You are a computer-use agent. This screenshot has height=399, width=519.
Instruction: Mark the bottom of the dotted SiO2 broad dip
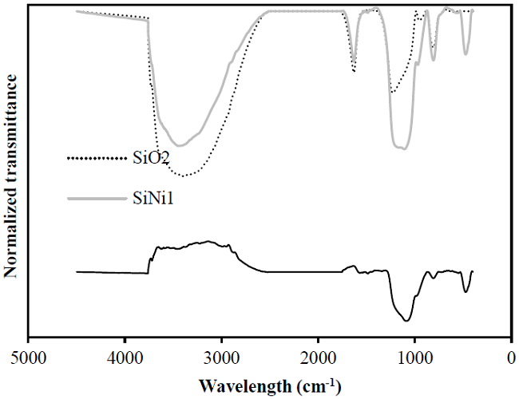point(184,176)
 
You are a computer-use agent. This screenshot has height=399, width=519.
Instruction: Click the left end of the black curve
point(77,272)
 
